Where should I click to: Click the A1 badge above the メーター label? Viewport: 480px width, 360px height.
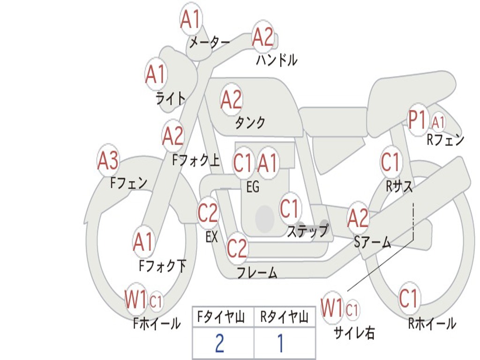pyautogui.click(x=191, y=20)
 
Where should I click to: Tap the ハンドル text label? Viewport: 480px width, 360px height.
pyautogui.click(x=277, y=60)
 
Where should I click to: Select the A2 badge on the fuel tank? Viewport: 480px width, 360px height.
pyautogui.click(x=231, y=99)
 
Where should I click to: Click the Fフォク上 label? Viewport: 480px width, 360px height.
pyautogui.click(x=196, y=160)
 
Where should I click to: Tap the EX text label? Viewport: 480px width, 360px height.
pyautogui.click(x=212, y=237)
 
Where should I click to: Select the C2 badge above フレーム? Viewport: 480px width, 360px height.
pyautogui.click(x=237, y=248)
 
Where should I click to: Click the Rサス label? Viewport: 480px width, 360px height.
pyautogui.click(x=399, y=187)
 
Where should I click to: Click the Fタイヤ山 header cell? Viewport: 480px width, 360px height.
pyautogui.click(x=223, y=318)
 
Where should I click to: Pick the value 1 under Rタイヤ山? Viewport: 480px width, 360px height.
pyautogui.click(x=280, y=343)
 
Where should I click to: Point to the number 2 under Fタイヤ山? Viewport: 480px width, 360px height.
pyautogui.click(x=219, y=343)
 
